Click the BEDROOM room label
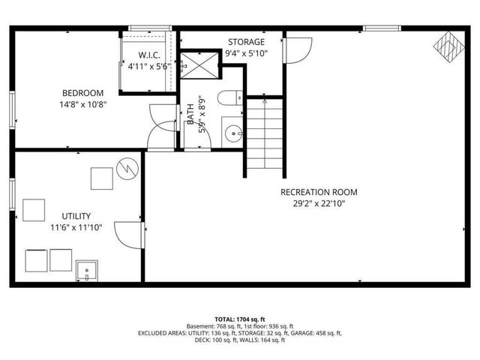[83, 93]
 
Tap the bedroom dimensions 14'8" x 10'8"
[83, 104]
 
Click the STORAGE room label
[246, 42]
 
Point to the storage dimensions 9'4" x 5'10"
[246, 53]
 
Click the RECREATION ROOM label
[319, 192]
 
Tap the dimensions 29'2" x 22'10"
[319, 202]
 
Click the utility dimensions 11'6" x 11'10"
[76, 227]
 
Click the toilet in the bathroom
[231, 97]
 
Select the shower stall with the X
[199, 64]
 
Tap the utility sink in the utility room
[87, 271]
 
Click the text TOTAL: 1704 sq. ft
[239, 319]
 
